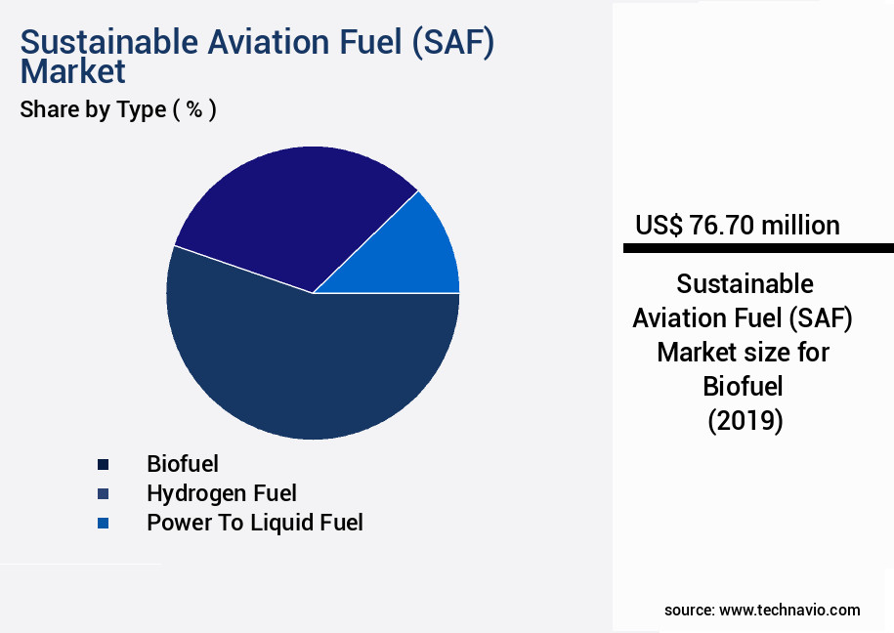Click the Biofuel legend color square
tap(103, 464)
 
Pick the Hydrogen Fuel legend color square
tap(103, 493)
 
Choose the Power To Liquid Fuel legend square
tap(103, 524)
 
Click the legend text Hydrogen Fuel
tap(221, 493)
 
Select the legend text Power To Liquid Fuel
tap(254, 523)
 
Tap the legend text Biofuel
tap(183, 463)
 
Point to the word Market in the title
tap(72, 71)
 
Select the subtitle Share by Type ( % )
tap(118, 109)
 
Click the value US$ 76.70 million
tap(737, 226)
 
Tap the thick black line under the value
tap(758, 249)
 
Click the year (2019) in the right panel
tap(745, 421)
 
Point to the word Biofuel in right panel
tap(744, 387)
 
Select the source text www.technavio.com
tap(789, 610)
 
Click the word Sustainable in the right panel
tap(745, 284)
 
